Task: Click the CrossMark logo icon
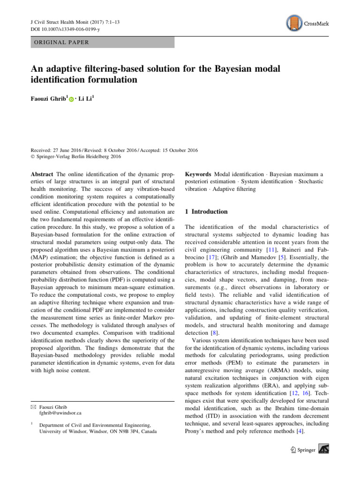point(293,22)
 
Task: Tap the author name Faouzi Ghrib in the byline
point(49,100)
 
